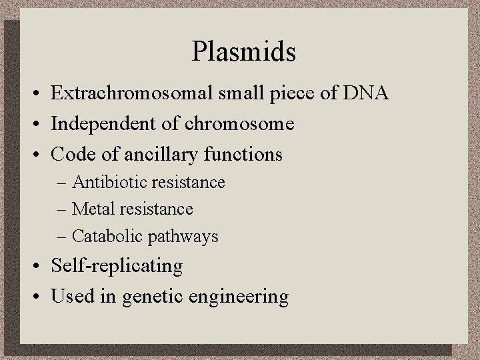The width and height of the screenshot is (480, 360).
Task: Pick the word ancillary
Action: (x=165, y=155)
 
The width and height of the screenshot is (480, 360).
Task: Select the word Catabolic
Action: (x=103, y=236)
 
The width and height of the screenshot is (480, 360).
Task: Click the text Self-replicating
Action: (x=116, y=266)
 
